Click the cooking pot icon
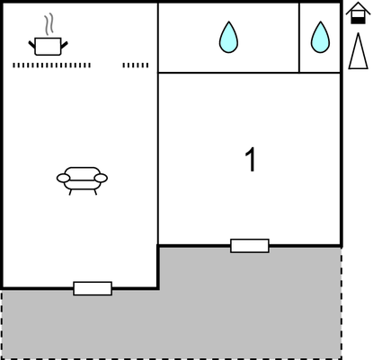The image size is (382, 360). [48, 47]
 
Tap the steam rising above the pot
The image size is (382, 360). [49, 24]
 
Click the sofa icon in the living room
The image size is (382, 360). [82, 180]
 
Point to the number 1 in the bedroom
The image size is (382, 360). [251, 159]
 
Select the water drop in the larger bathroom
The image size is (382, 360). [228, 38]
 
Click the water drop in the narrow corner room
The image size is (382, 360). [320, 38]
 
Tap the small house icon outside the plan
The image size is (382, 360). [358, 13]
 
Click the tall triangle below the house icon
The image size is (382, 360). [358, 51]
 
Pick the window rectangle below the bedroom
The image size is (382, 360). [250, 246]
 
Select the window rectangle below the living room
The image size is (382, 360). [93, 288]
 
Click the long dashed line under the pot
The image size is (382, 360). [51, 66]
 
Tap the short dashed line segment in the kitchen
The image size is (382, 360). [136, 66]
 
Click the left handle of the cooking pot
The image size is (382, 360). [31, 45]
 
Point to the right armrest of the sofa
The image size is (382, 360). [101, 178]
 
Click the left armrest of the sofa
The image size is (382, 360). [63, 178]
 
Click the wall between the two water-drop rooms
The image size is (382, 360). [299, 38]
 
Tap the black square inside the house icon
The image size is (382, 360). [358, 21]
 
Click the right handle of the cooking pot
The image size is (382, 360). [65, 45]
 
